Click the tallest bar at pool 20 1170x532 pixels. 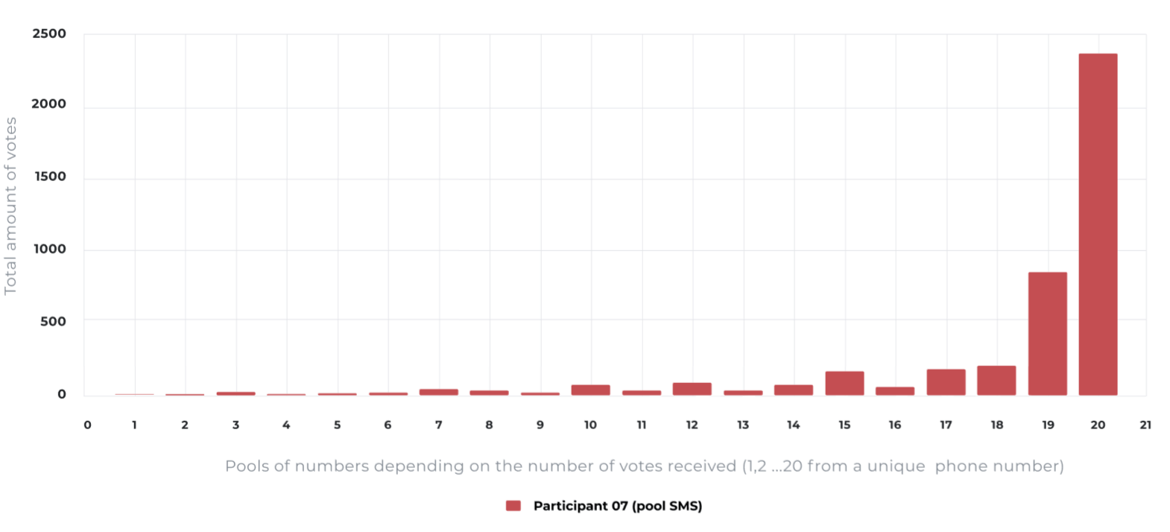click(1098, 224)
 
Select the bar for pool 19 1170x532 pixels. click(1047, 334)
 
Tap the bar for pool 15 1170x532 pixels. click(844, 383)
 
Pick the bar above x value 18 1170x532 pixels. click(996, 381)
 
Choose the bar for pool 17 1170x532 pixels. click(946, 382)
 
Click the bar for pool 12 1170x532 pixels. click(692, 389)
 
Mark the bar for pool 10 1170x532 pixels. click(590, 390)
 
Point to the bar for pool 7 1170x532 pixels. click(438, 392)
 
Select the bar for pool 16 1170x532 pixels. click(894, 391)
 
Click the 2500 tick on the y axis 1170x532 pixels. click(49, 34)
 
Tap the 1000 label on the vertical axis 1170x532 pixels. click(49, 249)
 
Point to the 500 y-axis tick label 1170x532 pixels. click(53, 321)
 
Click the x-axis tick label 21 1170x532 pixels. click(1145, 425)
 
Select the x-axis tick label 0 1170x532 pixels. click(87, 425)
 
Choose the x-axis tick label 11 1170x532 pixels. click(641, 425)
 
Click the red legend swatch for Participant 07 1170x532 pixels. click(513, 506)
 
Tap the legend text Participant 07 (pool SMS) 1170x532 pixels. click(618, 506)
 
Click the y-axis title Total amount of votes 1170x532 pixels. click(10, 206)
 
